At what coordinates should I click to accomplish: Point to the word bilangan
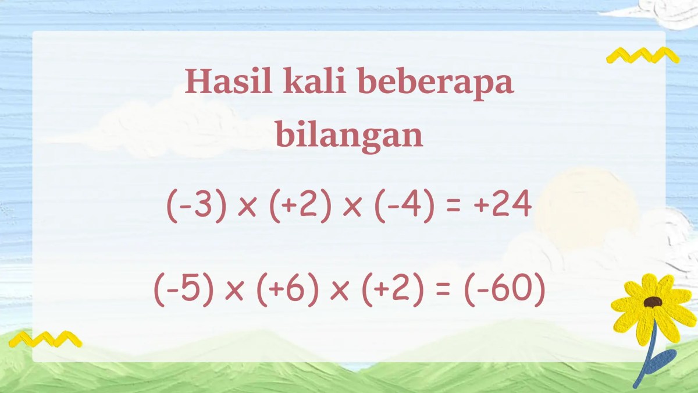pyautogui.click(x=349, y=136)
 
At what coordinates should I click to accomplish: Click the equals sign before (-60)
pyautogui.click(x=443, y=292)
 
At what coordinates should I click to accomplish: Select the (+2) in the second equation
pyautogui.click(x=391, y=291)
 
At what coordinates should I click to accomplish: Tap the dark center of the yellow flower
pyautogui.click(x=653, y=302)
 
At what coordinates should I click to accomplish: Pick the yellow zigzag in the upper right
pyautogui.click(x=642, y=55)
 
